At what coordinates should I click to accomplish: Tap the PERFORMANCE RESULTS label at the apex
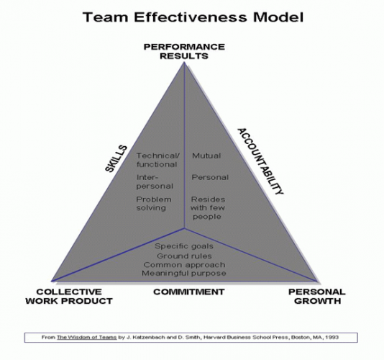click(184, 51)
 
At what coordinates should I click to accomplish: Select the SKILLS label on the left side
click(116, 159)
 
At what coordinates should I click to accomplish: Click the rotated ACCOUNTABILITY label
click(260, 161)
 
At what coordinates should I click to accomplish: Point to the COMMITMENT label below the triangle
click(189, 292)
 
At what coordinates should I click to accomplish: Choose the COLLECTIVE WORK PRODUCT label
click(69, 296)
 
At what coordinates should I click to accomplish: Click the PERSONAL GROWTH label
click(317, 296)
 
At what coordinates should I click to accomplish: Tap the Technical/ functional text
click(158, 160)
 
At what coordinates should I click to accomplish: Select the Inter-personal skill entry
click(155, 181)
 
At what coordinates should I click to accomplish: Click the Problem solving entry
click(154, 204)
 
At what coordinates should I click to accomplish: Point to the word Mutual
click(206, 156)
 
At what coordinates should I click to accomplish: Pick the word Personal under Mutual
click(210, 177)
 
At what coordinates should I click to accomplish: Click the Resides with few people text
click(208, 208)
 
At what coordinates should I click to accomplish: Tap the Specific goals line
click(184, 246)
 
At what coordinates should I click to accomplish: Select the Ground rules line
click(184, 256)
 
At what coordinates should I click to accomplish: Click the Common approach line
click(184, 265)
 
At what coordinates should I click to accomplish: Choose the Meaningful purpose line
click(184, 273)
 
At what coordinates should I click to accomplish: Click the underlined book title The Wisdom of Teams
click(87, 338)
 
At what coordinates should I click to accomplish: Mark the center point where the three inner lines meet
click(184, 228)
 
